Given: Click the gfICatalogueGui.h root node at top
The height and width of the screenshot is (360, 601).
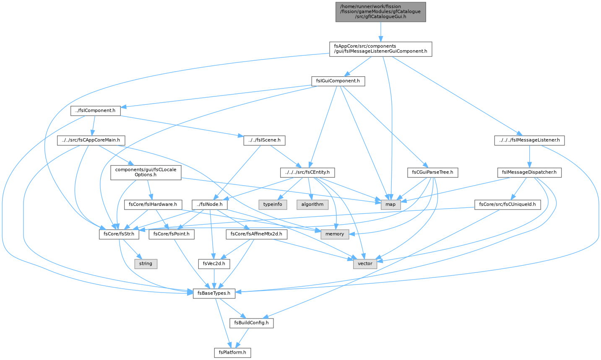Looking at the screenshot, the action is click(x=380, y=12).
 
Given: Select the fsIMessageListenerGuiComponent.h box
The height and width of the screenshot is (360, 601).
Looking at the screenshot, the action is click(x=380, y=49).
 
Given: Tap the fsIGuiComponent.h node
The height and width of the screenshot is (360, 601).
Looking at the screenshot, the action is click(x=338, y=81).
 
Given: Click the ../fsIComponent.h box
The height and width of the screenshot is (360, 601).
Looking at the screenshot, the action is click(x=96, y=111).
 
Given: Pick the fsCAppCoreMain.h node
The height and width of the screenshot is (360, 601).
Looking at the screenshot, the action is click(x=91, y=140).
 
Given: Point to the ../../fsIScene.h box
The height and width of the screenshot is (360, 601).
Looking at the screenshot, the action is click(x=264, y=140).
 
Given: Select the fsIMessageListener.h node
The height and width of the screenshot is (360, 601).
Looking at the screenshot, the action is click(x=529, y=140).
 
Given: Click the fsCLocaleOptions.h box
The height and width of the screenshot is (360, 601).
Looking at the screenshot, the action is click(x=146, y=172).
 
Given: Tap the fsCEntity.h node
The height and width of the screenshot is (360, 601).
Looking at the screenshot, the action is click(x=307, y=172).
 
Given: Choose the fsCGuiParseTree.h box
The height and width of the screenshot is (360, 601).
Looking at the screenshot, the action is click(x=432, y=172).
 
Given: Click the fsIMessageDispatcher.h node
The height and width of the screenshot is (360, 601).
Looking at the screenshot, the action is click(x=529, y=172).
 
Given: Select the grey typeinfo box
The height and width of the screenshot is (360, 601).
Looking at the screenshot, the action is click(x=273, y=205).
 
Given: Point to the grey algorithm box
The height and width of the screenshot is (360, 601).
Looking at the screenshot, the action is click(x=312, y=205).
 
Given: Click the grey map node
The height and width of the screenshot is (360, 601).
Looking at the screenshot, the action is click(x=390, y=205).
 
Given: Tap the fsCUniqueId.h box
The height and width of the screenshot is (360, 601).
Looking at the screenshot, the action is click(x=507, y=205).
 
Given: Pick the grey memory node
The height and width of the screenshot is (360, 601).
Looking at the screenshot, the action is click(x=335, y=234).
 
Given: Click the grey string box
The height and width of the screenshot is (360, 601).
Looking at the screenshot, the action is click(x=146, y=264).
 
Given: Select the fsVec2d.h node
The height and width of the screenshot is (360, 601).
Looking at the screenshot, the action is click(x=214, y=264).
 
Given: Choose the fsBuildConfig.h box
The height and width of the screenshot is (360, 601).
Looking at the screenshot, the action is click(x=251, y=323).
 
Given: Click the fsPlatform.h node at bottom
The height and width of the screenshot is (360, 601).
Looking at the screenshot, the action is click(x=232, y=352).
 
